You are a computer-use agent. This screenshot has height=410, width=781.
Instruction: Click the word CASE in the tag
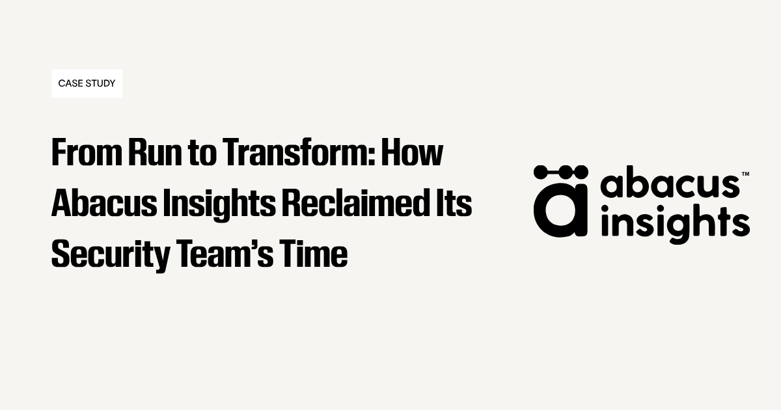70,83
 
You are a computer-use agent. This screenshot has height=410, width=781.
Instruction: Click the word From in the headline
87,152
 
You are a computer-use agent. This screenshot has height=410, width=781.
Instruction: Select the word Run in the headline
155,152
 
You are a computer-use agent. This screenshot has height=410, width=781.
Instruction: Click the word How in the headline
412,152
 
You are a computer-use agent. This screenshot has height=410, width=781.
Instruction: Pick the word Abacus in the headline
104,203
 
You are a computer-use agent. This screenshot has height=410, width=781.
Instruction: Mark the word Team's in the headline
225,254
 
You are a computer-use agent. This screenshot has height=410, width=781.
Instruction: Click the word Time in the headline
314,254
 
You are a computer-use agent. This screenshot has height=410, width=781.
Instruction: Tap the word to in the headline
202,154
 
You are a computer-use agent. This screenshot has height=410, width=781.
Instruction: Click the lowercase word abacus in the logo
670,182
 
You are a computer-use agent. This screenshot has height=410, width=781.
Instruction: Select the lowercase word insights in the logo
676,224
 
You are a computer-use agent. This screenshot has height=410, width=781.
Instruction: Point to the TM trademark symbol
745,174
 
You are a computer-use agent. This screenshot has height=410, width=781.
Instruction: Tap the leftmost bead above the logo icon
541,172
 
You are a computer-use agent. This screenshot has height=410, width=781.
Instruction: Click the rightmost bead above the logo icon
581,172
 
